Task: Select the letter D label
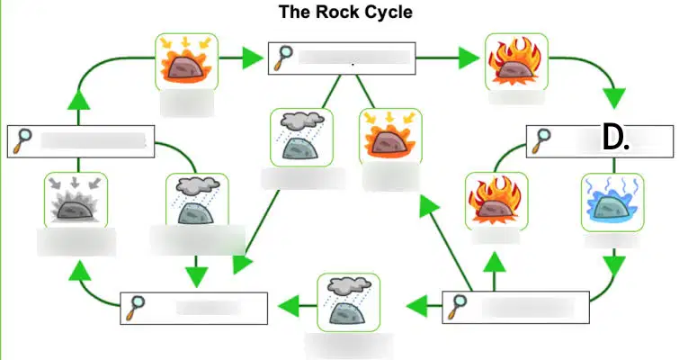[615, 138]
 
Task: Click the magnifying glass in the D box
[541, 141]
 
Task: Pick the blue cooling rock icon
[612, 202]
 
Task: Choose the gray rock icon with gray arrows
[76, 200]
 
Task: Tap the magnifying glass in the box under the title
[283, 58]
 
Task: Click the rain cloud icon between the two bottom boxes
[348, 302]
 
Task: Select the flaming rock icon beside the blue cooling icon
[496, 201]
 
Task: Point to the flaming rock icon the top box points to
[516, 62]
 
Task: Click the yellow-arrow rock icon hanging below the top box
[390, 137]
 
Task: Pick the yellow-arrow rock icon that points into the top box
[186, 62]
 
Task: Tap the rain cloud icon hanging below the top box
[301, 138]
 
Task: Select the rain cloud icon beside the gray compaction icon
[197, 200]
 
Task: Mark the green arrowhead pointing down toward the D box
[614, 98]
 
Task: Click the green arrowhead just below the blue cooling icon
[614, 265]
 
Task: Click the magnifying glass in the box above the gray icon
[22, 141]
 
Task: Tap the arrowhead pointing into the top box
[254, 58]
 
